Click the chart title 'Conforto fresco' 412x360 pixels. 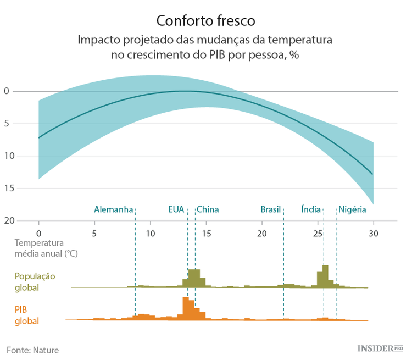[x=205, y=20]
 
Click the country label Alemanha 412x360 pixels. [x=114, y=209]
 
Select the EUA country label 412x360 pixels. [x=176, y=209]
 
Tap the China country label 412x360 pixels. [x=208, y=209]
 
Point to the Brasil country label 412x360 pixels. [x=270, y=209]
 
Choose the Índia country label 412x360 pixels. [x=311, y=209]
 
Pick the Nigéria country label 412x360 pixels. [x=352, y=209]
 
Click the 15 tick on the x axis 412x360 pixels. [x=206, y=233]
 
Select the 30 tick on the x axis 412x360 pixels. [x=374, y=233]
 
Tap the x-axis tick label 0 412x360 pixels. [x=38, y=233]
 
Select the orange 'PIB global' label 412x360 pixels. [x=27, y=315]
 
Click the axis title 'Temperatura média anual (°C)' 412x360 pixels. [x=46, y=248]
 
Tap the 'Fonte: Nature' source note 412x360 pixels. [x=32, y=350]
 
